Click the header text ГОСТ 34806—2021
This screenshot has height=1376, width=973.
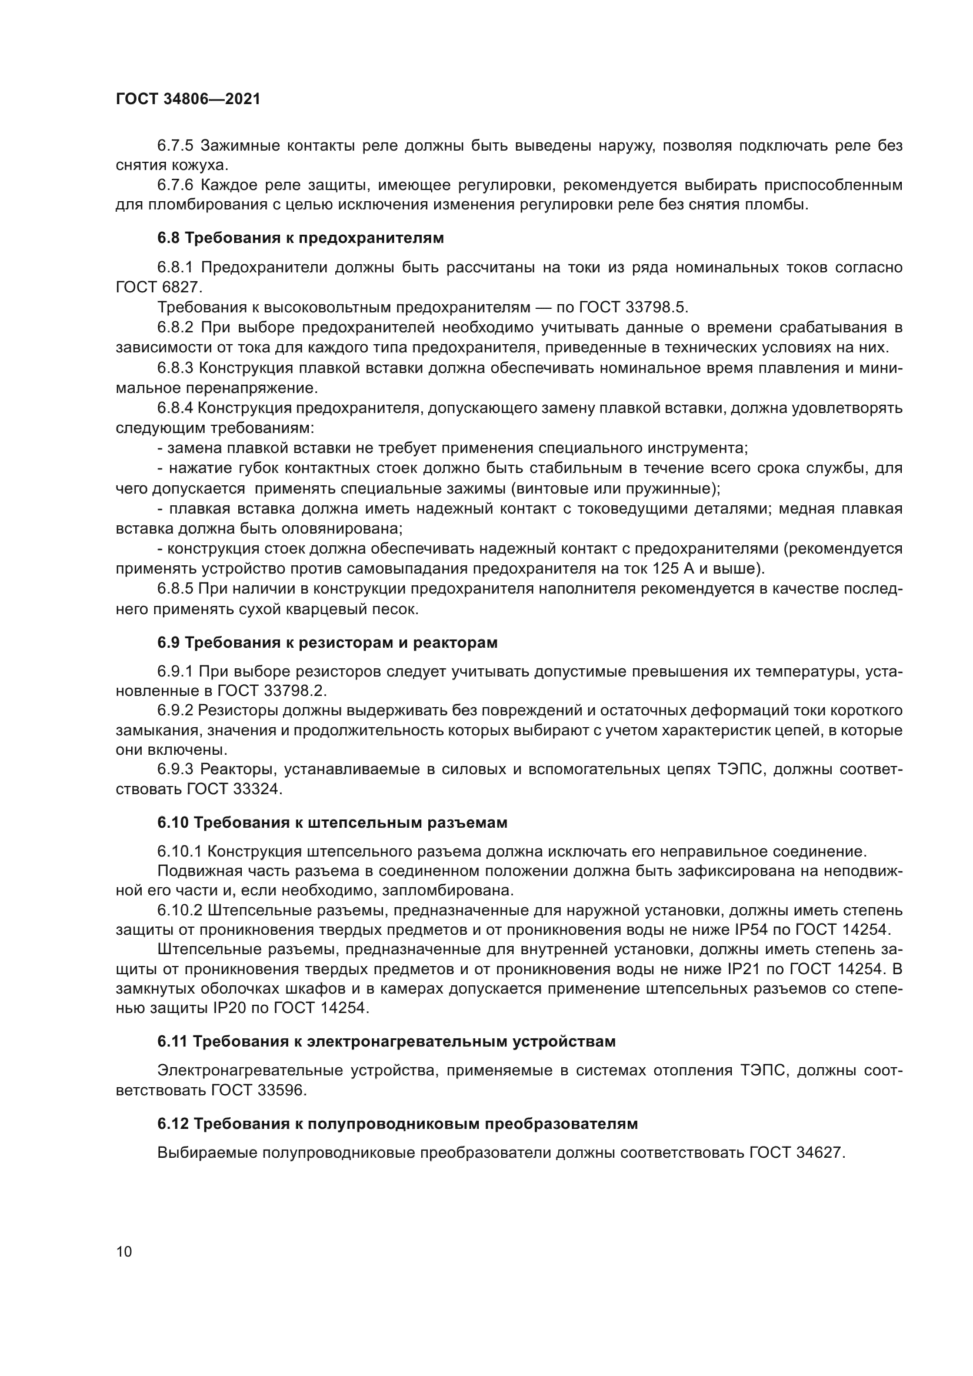[188, 99]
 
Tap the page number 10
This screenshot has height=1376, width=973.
[124, 1251]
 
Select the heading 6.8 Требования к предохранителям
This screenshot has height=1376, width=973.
[300, 238]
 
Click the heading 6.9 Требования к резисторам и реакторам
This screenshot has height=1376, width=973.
[327, 642]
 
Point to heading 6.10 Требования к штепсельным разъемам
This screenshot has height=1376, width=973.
[332, 822]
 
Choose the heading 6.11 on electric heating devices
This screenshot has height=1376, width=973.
[386, 1041]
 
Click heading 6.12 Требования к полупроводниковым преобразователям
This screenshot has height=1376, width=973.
[397, 1123]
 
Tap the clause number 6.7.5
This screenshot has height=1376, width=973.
[175, 146]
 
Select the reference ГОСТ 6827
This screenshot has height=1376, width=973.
[159, 287]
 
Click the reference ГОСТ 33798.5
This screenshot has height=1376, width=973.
[634, 308]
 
